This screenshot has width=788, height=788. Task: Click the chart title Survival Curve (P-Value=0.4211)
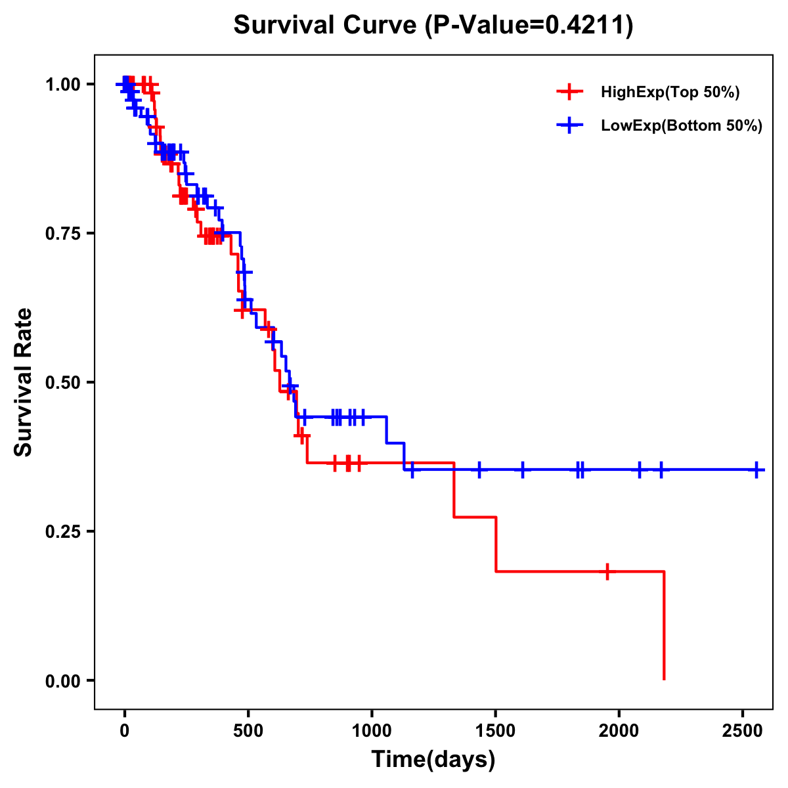[433, 26]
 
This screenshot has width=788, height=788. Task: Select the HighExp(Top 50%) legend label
[670, 93]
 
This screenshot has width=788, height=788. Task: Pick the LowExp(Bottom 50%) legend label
[682, 126]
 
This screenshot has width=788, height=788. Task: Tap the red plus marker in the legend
[569, 93]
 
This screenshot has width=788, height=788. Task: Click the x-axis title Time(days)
[433, 760]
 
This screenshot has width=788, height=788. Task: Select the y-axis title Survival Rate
[24, 382]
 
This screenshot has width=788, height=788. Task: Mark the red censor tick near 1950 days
[607, 571]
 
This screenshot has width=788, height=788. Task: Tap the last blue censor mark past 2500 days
[756, 470]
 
